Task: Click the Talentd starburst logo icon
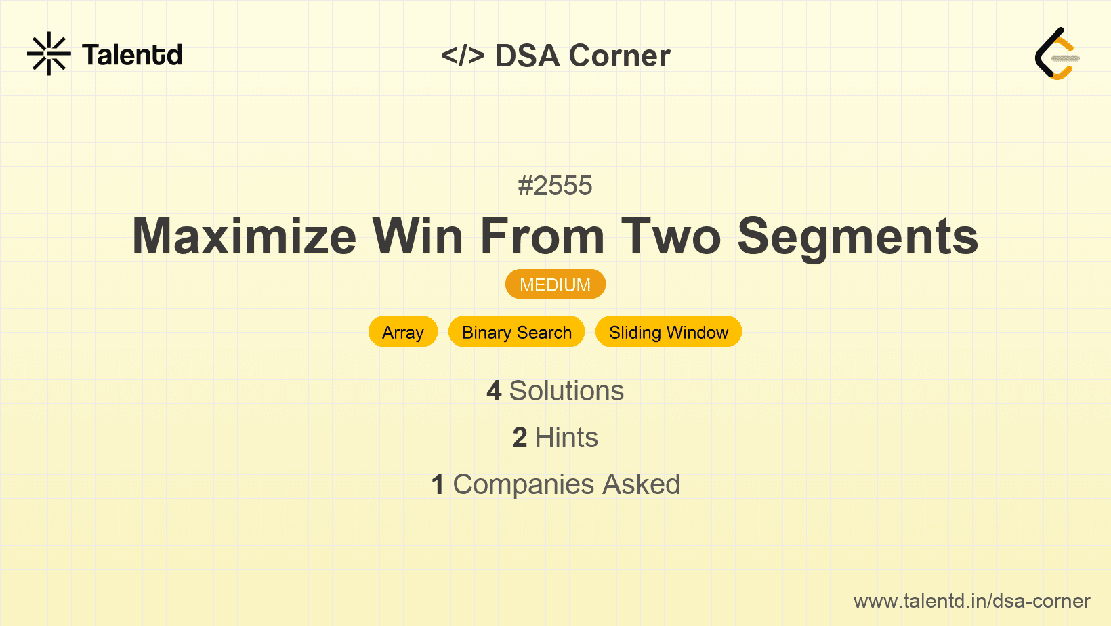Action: pyautogui.click(x=49, y=54)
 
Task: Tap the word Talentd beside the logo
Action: pyautogui.click(x=132, y=55)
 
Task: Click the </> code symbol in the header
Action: pyautogui.click(x=462, y=56)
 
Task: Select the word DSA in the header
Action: pyautogui.click(x=527, y=56)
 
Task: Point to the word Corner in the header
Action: pyautogui.click(x=619, y=56)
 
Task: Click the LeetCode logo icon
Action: pyautogui.click(x=1057, y=54)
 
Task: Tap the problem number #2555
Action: pyautogui.click(x=555, y=186)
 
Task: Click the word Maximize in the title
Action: pyautogui.click(x=244, y=236)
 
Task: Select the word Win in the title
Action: pyautogui.click(x=417, y=236)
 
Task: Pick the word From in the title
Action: pyautogui.click(x=543, y=236)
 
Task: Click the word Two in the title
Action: pyautogui.click(x=671, y=236)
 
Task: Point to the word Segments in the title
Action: pyautogui.click(x=858, y=238)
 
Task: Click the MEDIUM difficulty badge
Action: pyautogui.click(x=555, y=285)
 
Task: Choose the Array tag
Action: pyautogui.click(x=402, y=332)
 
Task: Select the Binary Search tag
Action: pyautogui.click(x=516, y=332)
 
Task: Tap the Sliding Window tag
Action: pyautogui.click(x=668, y=332)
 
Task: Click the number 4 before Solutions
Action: pyautogui.click(x=494, y=391)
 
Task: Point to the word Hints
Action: pyautogui.click(x=566, y=438)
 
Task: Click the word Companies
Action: pyautogui.click(x=524, y=484)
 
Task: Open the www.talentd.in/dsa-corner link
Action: pyautogui.click(x=971, y=601)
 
